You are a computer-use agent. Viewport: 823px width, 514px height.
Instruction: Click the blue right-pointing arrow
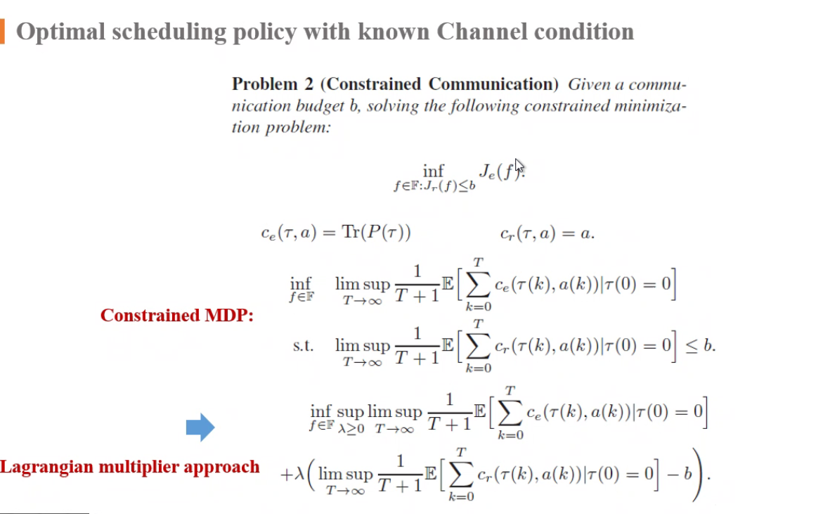(200, 427)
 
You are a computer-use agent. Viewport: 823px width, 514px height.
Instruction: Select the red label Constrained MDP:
(176, 316)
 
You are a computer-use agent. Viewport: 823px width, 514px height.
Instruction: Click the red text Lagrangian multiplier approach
(130, 467)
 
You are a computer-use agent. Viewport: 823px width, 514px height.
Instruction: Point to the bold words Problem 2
(273, 84)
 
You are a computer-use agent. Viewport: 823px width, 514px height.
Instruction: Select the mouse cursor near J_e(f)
(519, 166)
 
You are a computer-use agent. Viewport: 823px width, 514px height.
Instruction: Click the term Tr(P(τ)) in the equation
(377, 234)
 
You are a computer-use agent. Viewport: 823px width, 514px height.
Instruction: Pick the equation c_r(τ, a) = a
(547, 234)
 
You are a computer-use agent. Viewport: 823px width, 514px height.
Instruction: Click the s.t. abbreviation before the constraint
(303, 346)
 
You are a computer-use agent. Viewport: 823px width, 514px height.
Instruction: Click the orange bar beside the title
(2, 32)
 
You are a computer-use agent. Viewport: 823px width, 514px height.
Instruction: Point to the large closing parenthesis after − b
(699, 473)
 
